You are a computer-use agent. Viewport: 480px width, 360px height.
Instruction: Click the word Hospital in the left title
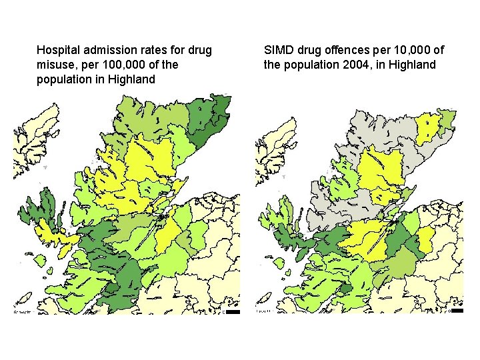tap(57, 50)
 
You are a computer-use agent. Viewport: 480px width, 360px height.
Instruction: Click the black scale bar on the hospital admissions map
tap(232, 311)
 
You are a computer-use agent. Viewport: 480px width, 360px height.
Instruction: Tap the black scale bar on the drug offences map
tap(457, 311)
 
